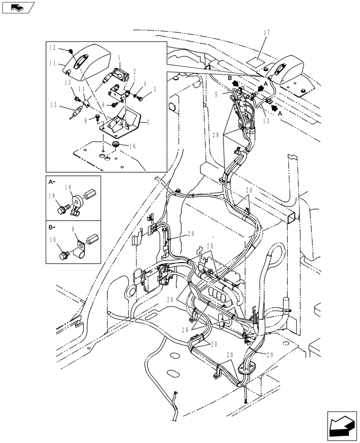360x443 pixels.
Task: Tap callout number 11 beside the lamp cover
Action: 52,64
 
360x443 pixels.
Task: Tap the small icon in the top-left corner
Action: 18,7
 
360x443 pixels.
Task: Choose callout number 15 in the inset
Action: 68,83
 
